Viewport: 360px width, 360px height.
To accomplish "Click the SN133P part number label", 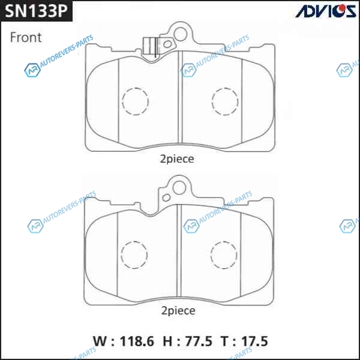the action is point(36,11).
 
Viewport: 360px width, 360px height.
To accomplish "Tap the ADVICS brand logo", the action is point(326,11).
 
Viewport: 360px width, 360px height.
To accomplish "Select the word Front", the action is point(26,37).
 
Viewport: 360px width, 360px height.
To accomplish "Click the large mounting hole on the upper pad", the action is point(181,28).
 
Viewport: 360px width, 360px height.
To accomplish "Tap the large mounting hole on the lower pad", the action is point(179,181).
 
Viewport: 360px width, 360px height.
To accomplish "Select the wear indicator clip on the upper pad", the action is point(149,46).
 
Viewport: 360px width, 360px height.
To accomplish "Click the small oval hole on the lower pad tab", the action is point(166,197).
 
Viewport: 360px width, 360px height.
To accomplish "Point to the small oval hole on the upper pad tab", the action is point(167,44).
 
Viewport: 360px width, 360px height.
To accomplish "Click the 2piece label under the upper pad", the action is point(177,159).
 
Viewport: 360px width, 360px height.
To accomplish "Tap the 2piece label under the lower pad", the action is point(178,311).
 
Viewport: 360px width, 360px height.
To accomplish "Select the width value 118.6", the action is point(137,341).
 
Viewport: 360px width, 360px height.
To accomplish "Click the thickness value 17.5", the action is point(254,341).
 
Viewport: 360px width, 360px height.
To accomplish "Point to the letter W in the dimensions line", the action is point(100,341).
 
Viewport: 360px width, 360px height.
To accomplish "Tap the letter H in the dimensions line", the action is point(167,341).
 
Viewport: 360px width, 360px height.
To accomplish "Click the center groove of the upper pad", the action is point(180,98).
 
